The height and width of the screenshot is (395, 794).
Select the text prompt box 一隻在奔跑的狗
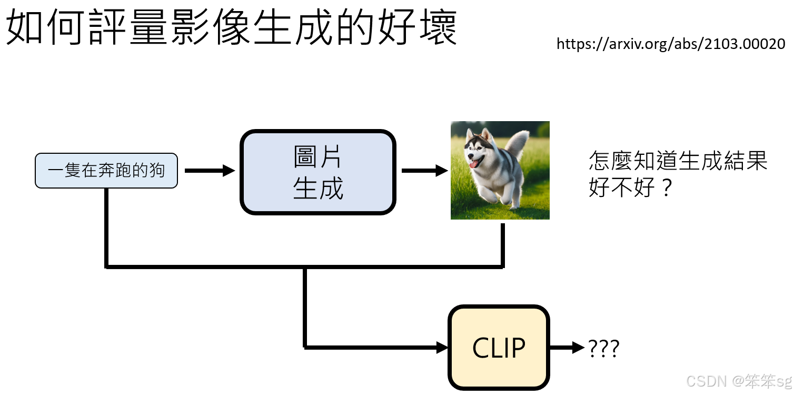[x=106, y=171]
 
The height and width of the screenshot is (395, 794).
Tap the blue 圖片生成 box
[x=318, y=172]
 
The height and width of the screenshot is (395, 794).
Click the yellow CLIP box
[x=499, y=348]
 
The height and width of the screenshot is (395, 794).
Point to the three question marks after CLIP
[x=603, y=348]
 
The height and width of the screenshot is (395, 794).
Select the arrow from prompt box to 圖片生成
[x=210, y=171]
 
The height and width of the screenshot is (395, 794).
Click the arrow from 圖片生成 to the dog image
[x=424, y=171]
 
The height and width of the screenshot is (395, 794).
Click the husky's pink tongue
[x=475, y=164]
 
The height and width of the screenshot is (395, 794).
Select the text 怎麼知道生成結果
[x=678, y=161]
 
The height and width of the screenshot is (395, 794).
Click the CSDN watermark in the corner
[x=739, y=381]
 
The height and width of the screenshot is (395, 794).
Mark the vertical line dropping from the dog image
[x=503, y=245]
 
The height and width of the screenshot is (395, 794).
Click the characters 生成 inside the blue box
[x=318, y=189]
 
